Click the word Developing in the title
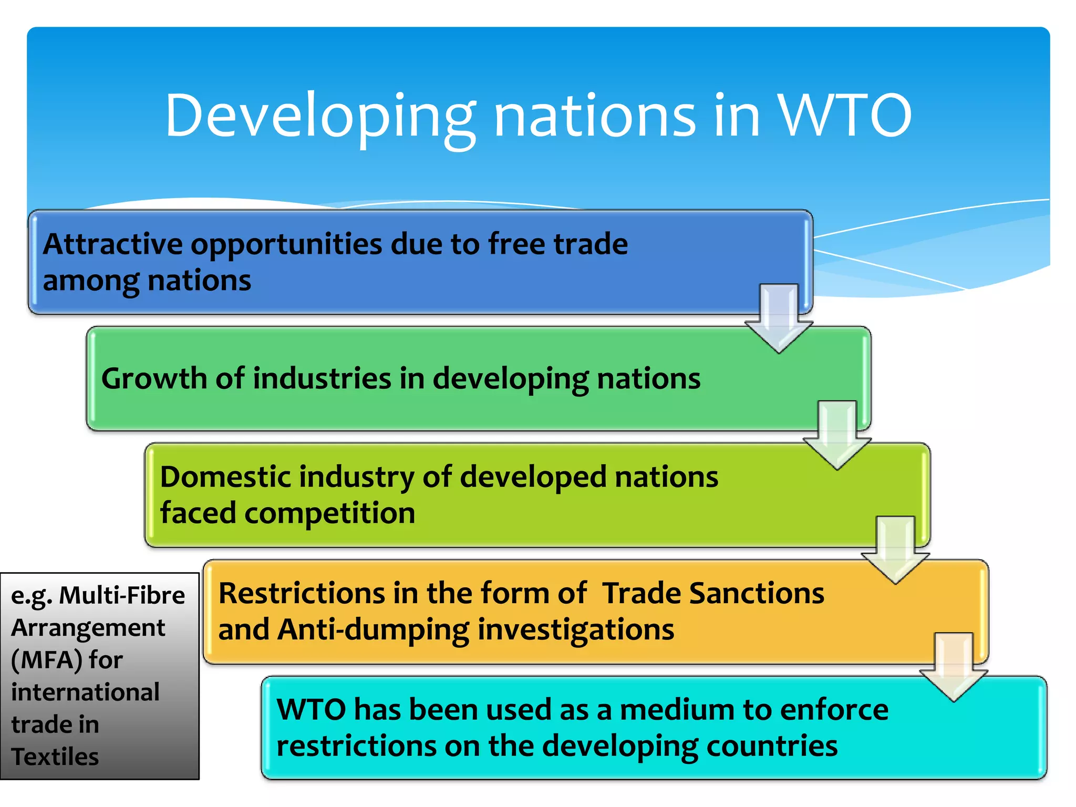coord(320,117)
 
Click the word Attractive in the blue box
coord(112,244)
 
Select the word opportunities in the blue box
coord(286,245)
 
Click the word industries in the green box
coord(322,379)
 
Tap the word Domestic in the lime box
coord(227,477)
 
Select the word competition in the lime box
coord(329,513)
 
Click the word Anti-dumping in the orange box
coord(373,630)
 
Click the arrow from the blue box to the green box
coord(779,318)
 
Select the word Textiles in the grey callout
coord(55,757)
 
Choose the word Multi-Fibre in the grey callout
coord(122,596)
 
